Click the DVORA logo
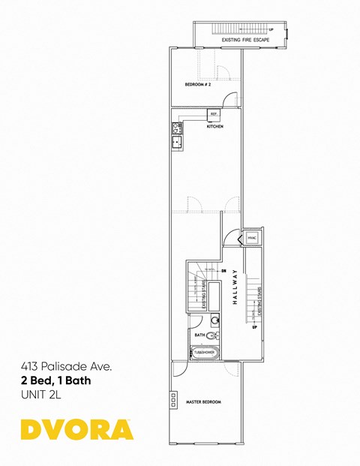coord(77,428)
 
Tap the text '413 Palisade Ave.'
coord(66,368)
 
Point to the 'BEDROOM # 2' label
coord(197,85)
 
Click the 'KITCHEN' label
coord(215,127)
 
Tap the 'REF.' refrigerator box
coord(214,114)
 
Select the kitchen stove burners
coord(177,127)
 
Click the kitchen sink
coord(178,140)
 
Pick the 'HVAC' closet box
coord(251,238)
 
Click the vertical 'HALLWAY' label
coord(235,285)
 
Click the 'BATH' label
coord(199,335)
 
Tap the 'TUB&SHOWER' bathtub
coord(204,351)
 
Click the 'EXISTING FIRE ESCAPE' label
coord(245,40)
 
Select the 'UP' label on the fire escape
coord(271,30)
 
